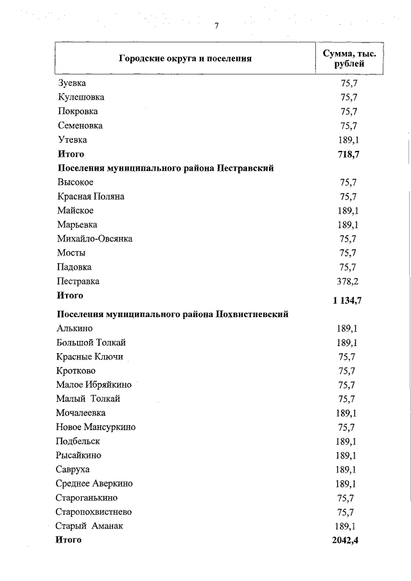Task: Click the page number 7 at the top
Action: click(216, 26)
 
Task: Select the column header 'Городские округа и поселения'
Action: click(185, 58)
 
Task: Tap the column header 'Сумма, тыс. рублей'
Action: click(349, 58)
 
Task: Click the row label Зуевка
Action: click(72, 83)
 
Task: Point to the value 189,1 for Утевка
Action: click(347, 140)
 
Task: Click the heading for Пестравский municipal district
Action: click(166, 168)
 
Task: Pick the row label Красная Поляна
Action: click(91, 196)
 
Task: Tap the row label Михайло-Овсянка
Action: click(94, 239)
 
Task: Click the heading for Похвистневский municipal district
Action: click(172, 314)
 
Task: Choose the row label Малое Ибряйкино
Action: click(94, 385)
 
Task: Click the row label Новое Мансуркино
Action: click(96, 427)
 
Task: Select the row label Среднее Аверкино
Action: click(95, 483)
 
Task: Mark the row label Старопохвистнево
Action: click(94, 512)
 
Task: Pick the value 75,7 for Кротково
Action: click(347, 371)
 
